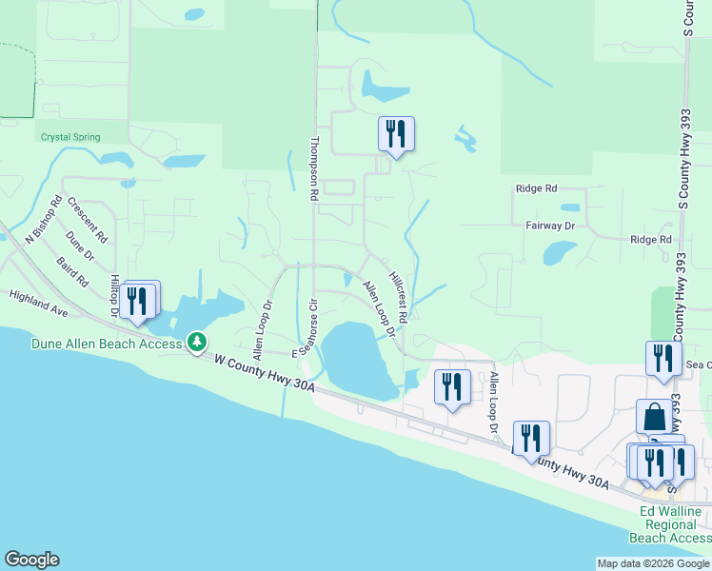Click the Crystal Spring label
pyautogui.click(x=70, y=137)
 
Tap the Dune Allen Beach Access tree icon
pyautogui.click(x=197, y=342)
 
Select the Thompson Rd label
pyautogui.click(x=314, y=167)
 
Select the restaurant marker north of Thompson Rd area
pyautogui.click(x=396, y=134)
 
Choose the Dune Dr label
pyautogui.click(x=80, y=246)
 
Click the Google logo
pyautogui.click(x=31, y=560)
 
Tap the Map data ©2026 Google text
pyautogui.click(x=652, y=563)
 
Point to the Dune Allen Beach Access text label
pyautogui.click(x=107, y=344)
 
